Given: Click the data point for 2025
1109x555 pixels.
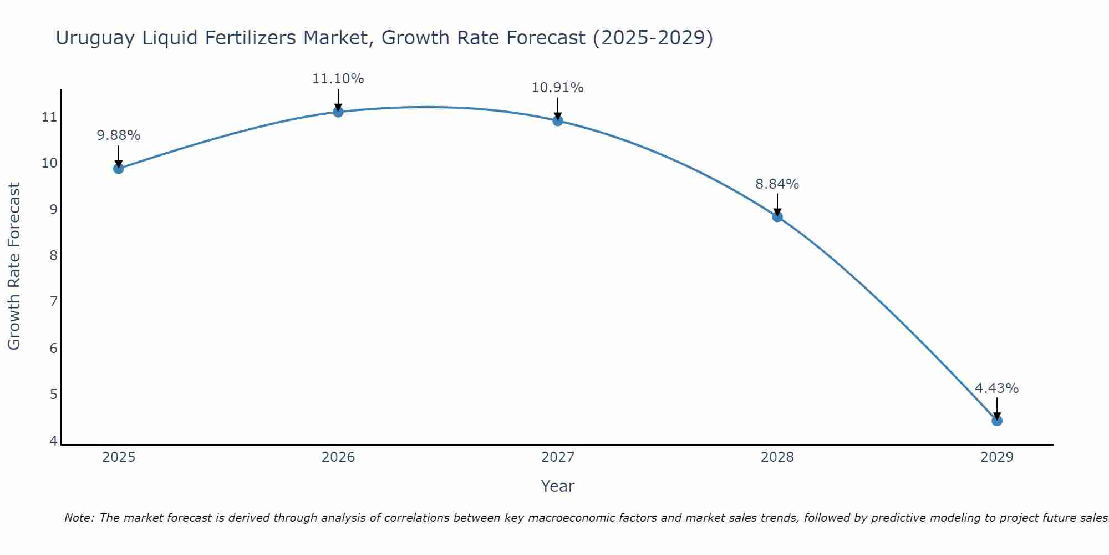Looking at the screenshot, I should tap(119, 168).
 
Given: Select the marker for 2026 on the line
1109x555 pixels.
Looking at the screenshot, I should tap(338, 112).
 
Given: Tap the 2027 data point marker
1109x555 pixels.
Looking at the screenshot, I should tap(558, 120).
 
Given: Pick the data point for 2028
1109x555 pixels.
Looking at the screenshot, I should tap(777, 216).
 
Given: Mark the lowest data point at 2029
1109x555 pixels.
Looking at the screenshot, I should tap(997, 421).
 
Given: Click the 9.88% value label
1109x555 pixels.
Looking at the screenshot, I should tap(119, 135).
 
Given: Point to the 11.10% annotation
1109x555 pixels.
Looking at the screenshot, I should tap(338, 79).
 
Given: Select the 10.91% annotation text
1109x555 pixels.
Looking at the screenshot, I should tap(558, 88).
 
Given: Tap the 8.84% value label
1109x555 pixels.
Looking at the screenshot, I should tap(777, 184).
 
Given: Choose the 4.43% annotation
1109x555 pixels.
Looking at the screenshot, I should tap(997, 389).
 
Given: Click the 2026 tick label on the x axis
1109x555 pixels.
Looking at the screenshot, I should tap(338, 457).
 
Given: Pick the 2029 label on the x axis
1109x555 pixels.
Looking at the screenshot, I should tap(997, 457).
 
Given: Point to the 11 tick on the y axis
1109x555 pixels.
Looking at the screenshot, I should tap(49, 117).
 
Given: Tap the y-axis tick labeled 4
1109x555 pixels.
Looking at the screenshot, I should tap(53, 441).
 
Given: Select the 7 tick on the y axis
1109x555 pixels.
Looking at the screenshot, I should tap(53, 302).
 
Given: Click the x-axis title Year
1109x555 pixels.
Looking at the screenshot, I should tap(558, 486).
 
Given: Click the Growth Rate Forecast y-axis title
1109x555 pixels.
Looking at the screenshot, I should tap(14, 266).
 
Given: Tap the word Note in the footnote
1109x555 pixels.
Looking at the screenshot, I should tap(80, 518).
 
